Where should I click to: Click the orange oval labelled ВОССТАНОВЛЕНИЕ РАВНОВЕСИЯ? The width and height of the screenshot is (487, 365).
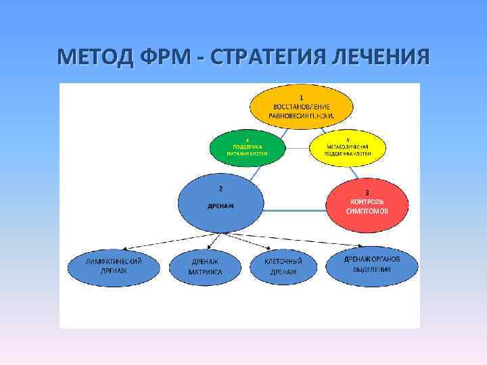click(301, 107)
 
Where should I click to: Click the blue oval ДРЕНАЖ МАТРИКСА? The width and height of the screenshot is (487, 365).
click(206, 266)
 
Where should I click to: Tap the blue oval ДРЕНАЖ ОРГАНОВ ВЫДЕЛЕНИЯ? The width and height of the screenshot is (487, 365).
click(372, 264)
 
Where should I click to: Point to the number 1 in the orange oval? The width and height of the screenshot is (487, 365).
click(302, 97)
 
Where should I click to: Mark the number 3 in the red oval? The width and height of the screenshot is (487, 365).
click(367, 192)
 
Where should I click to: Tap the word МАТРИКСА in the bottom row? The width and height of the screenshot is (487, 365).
click(206, 272)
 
